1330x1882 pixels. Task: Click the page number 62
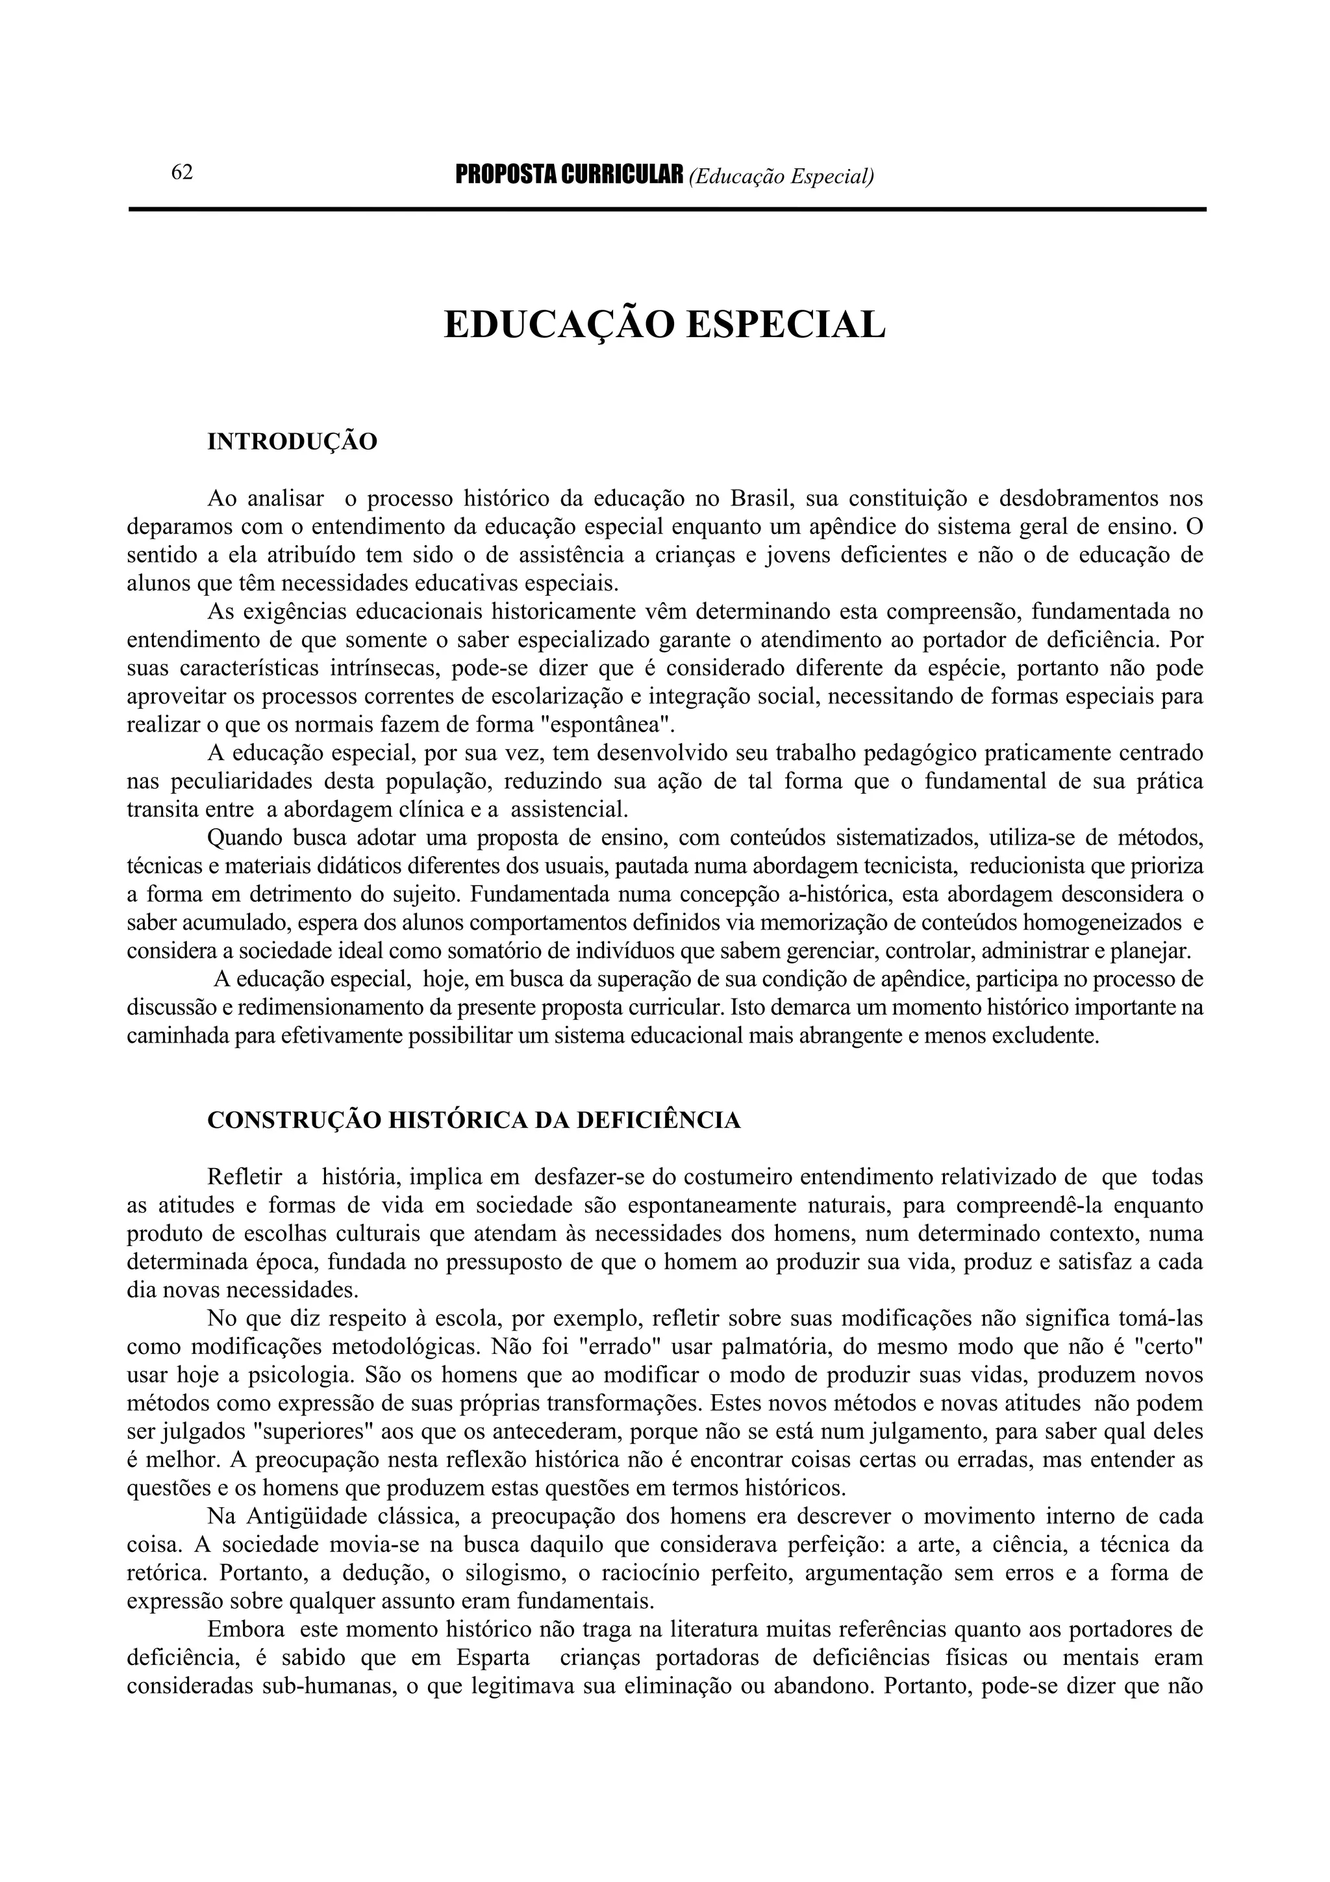182,173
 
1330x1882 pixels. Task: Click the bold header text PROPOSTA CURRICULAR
569,175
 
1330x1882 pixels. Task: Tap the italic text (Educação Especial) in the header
782,175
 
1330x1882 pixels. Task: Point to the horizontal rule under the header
667,210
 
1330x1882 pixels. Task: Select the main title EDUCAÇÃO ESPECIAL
664,325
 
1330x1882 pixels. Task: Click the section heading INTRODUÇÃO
292,442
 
